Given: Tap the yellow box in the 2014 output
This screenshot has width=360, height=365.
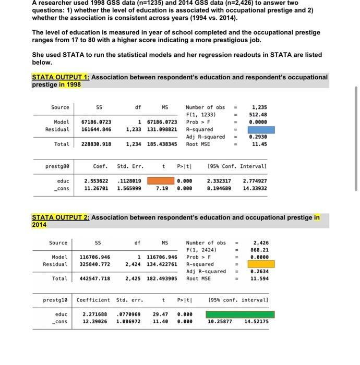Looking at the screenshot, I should point(260,264).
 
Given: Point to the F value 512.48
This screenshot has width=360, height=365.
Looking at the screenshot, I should point(259,115).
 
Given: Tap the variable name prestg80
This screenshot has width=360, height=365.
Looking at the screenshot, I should point(58,166).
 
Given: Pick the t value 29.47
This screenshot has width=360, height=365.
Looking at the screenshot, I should point(160,314).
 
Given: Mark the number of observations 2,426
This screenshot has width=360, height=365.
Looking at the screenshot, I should point(261,242).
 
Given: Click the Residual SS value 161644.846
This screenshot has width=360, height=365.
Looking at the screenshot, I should point(96,129).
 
